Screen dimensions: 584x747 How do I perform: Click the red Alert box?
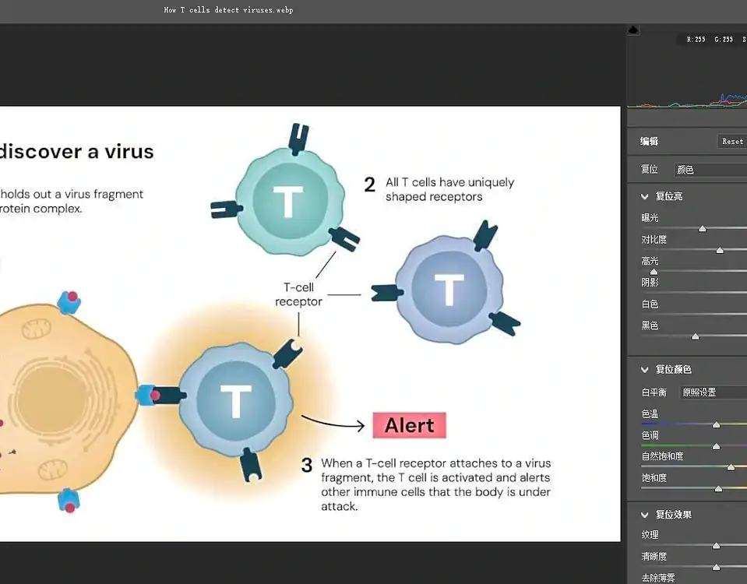pyautogui.click(x=409, y=425)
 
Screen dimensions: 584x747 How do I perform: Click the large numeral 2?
pyautogui.click(x=370, y=185)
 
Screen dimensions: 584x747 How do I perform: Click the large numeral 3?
pyautogui.click(x=307, y=466)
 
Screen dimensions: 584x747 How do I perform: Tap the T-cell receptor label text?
pyautogui.click(x=298, y=294)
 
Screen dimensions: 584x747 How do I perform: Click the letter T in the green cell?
pyautogui.click(x=287, y=201)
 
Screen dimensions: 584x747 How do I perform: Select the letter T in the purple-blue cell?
pyautogui.click(x=449, y=290)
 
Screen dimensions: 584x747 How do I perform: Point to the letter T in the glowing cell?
pyautogui.click(x=235, y=402)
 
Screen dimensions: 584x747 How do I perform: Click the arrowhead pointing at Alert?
pyautogui.click(x=360, y=426)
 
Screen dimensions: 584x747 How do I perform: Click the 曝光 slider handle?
pyautogui.click(x=703, y=228)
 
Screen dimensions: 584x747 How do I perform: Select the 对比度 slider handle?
pyautogui.click(x=720, y=250)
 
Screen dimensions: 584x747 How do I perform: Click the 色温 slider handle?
pyautogui.click(x=716, y=424)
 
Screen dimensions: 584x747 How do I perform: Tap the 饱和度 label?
pyautogui.click(x=654, y=477)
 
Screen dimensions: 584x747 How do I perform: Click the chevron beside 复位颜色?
pyautogui.click(x=645, y=369)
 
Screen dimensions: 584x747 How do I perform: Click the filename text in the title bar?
pyautogui.click(x=228, y=10)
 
